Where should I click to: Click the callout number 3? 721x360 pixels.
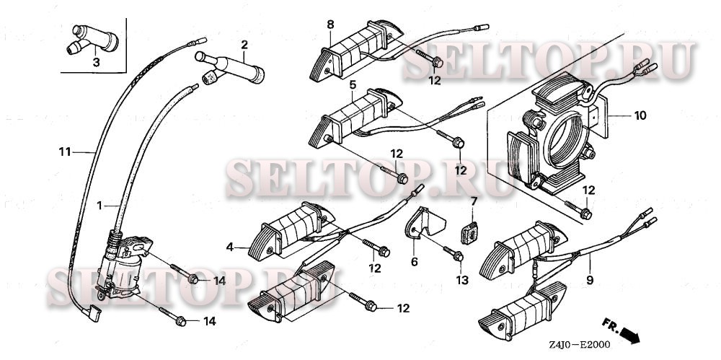[x=96, y=62]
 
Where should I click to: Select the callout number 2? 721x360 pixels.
[x=244, y=45]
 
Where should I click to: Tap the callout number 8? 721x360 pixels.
[x=331, y=25]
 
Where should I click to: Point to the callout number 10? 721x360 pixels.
[x=640, y=115]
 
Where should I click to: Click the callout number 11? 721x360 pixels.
[x=65, y=151]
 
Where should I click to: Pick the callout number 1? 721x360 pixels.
[x=99, y=206]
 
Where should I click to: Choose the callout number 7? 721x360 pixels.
[x=474, y=201]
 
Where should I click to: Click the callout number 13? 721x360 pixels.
[x=461, y=279]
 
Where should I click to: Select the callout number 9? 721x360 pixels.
[x=590, y=279]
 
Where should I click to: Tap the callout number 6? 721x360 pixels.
[x=415, y=262]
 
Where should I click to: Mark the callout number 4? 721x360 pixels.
[x=230, y=247]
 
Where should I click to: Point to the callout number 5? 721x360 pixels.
[x=353, y=84]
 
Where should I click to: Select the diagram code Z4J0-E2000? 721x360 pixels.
[x=579, y=345]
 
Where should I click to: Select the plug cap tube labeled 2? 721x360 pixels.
[x=230, y=69]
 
